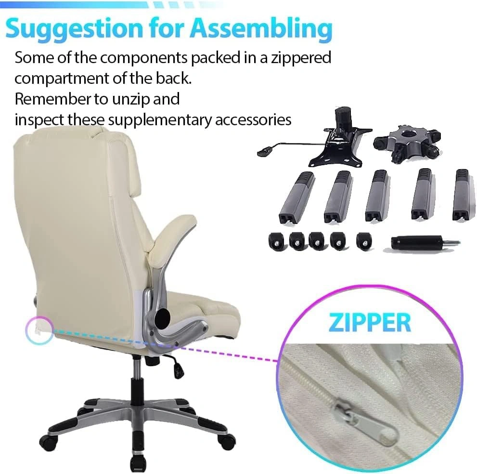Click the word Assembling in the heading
(263, 28)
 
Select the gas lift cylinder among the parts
(425, 242)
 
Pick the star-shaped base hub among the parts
(407, 144)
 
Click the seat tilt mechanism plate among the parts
(315, 139)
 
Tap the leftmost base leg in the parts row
(296, 197)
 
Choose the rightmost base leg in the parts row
(464, 195)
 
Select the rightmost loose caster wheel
(364, 241)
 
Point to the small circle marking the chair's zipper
(39, 330)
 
